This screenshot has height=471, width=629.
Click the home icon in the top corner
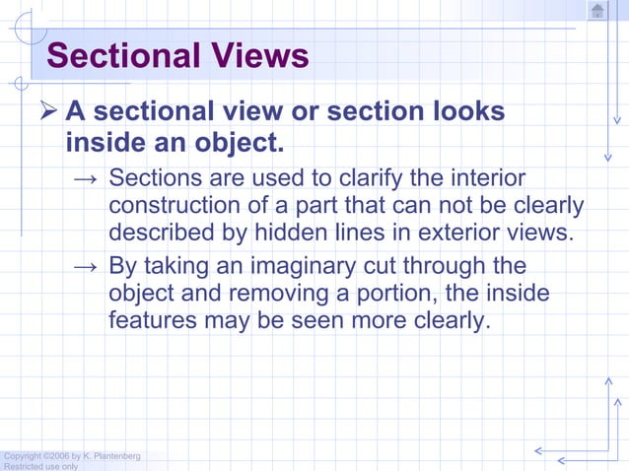[597, 11]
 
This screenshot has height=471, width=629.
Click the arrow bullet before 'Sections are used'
[86, 180]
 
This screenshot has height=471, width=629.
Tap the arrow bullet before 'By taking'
[86, 267]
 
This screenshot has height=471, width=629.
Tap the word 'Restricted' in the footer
[25, 466]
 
